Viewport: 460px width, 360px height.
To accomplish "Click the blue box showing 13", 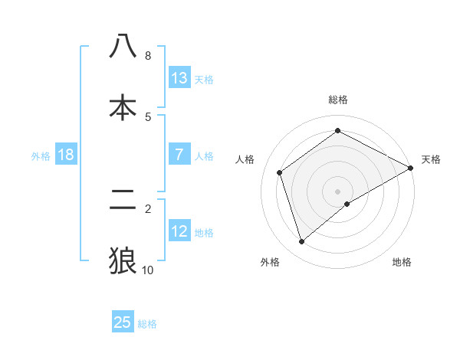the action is [179, 77].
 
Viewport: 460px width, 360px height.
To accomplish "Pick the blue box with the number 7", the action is [179, 155].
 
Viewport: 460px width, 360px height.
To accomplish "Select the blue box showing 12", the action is [179, 231].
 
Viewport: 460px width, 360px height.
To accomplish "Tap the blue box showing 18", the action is [66, 155].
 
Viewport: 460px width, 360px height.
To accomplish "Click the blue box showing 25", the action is [123, 322].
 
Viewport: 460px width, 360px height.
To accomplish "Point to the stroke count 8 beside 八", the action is [148, 56].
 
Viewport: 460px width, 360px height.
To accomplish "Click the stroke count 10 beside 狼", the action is [148, 270].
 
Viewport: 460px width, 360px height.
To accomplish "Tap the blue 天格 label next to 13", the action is [204, 79].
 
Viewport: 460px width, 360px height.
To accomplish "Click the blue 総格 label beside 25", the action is [147, 324].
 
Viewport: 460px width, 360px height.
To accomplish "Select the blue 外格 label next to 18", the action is [41, 156].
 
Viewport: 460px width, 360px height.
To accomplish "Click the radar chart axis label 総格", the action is [338, 100].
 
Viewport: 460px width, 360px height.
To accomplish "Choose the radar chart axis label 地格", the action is [402, 262].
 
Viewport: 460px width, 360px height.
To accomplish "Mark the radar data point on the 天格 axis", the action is [411, 169].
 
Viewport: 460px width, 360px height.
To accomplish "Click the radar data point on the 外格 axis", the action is [302, 242].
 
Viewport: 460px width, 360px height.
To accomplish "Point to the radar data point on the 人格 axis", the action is [280, 172].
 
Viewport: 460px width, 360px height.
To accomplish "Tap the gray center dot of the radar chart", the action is [338, 191].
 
